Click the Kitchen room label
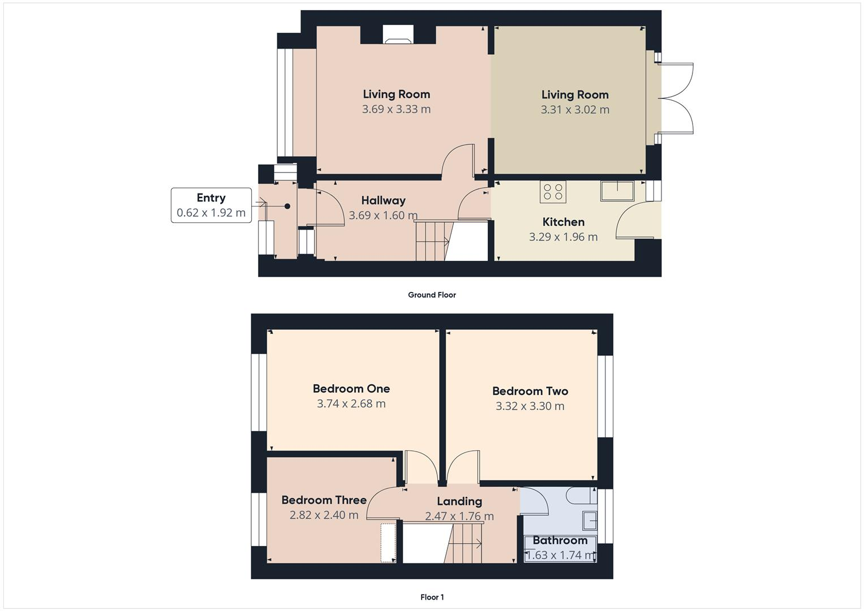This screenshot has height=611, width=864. [x=563, y=222]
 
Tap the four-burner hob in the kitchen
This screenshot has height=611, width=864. [x=553, y=192]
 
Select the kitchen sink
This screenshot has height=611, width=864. [x=617, y=191]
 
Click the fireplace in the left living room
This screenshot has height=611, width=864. [x=398, y=35]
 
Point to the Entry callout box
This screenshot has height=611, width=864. [x=211, y=205]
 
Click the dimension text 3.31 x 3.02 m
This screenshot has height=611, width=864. [x=575, y=110]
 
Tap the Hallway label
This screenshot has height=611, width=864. [x=383, y=200]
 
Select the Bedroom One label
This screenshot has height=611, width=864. [x=351, y=389]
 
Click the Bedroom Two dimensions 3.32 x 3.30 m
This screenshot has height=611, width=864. [x=530, y=406]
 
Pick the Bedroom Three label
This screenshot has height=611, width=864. [x=324, y=500]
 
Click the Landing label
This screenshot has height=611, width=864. [x=459, y=501]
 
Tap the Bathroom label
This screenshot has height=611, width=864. [x=560, y=540]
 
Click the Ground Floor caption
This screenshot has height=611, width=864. [x=432, y=295]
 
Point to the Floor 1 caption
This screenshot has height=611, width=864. [x=432, y=597]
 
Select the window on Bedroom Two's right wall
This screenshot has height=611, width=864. [x=605, y=396]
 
